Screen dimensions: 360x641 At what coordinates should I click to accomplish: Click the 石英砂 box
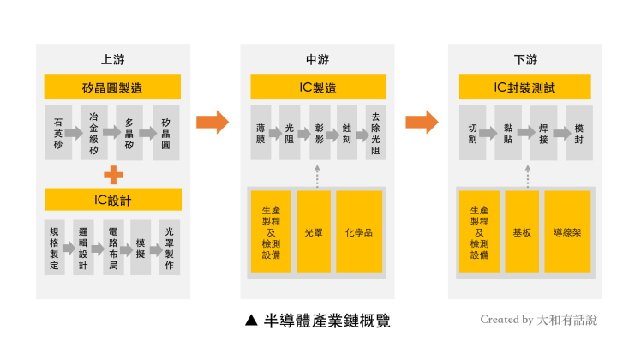57,133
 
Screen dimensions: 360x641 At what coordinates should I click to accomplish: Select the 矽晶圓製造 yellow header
112,87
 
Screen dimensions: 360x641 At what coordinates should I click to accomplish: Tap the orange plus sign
112,175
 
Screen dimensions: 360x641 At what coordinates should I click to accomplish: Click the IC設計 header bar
112,200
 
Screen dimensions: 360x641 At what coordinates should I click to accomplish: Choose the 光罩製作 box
169,248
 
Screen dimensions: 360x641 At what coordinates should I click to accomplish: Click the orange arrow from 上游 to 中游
213,123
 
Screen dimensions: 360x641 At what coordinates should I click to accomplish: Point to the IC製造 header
317,87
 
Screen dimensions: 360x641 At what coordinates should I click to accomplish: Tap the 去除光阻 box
374,133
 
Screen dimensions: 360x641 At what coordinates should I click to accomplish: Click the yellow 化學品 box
359,231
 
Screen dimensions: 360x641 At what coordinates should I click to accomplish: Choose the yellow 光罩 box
313,231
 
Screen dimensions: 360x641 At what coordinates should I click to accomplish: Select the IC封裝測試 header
524,87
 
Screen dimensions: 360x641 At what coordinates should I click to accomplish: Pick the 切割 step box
471,133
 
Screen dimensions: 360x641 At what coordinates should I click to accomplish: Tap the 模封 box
578,133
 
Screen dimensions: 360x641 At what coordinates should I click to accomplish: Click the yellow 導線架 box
567,231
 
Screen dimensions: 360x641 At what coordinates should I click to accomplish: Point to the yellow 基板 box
522,231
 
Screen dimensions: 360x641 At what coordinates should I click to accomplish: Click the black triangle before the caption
250,321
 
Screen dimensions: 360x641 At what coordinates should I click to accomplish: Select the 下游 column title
525,60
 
